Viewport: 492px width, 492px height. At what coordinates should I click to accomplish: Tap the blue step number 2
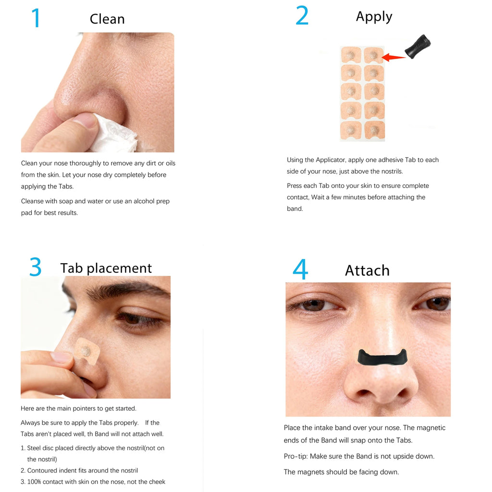[302, 16]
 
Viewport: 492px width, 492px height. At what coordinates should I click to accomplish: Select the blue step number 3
[35, 267]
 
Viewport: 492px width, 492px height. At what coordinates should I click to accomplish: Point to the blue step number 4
[300, 270]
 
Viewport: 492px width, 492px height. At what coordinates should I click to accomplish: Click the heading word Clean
[107, 19]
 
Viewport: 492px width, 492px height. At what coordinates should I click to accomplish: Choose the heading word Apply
[374, 17]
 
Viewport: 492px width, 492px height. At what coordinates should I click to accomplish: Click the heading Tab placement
[106, 268]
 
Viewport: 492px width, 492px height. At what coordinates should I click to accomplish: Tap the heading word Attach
[367, 271]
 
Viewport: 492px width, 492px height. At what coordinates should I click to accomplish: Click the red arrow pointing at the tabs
[394, 58]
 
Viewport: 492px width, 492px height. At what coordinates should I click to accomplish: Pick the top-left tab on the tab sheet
[351, 55]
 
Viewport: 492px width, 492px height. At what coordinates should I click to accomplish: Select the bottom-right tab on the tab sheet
[374, 130]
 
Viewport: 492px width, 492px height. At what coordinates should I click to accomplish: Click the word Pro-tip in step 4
[296, 456]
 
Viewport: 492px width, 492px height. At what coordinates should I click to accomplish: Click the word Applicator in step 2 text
[331, 160]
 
